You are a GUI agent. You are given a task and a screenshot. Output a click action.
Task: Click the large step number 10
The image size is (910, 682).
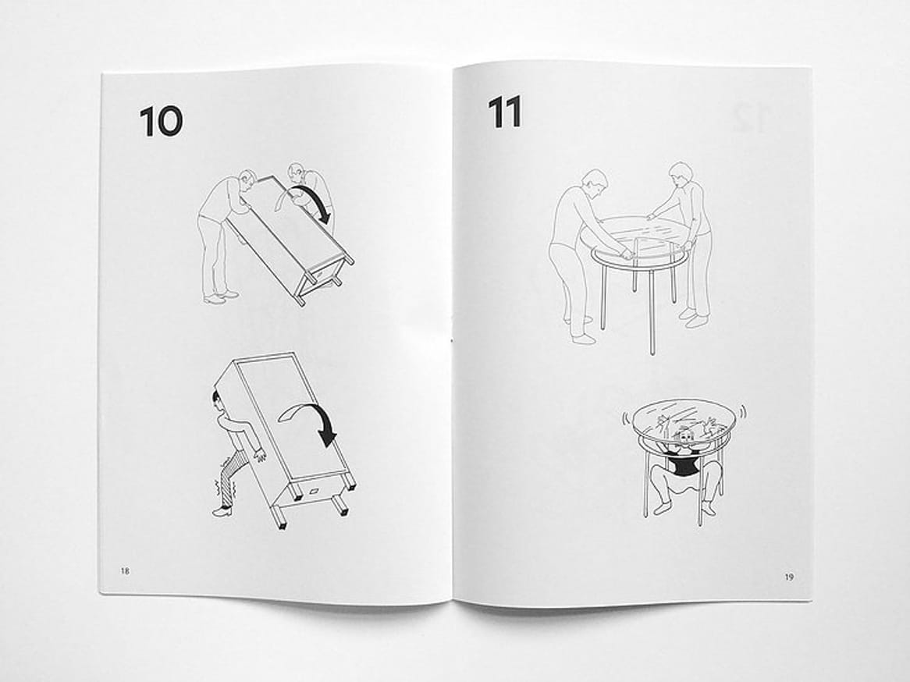coord(161,122)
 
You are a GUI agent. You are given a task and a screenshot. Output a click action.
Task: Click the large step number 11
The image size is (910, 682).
coord(504,112)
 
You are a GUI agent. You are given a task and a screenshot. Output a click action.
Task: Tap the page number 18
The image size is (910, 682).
coord(125,570)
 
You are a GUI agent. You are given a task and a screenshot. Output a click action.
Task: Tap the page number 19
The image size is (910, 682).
coord(789,577)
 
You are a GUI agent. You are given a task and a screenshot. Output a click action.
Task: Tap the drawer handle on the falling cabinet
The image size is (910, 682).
coord(316,491)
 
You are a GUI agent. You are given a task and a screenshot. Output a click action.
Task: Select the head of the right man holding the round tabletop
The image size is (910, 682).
coord(678,173)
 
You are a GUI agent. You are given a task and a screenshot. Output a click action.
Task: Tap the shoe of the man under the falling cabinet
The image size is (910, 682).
coord(222,511)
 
